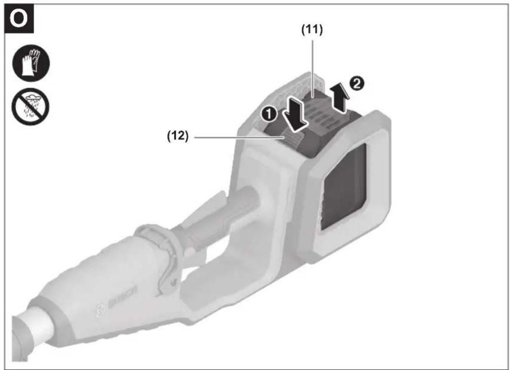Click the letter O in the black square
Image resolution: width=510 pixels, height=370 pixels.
(18, 19)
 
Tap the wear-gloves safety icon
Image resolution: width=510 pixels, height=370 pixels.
(31, 63)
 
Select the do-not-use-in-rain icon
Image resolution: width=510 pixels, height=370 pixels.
(30, 107)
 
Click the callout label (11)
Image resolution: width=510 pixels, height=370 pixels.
(312, 30)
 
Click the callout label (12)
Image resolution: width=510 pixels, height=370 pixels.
(178, 136)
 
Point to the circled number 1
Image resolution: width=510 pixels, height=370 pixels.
(270, 116)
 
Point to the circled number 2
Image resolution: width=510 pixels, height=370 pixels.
(357, 84)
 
